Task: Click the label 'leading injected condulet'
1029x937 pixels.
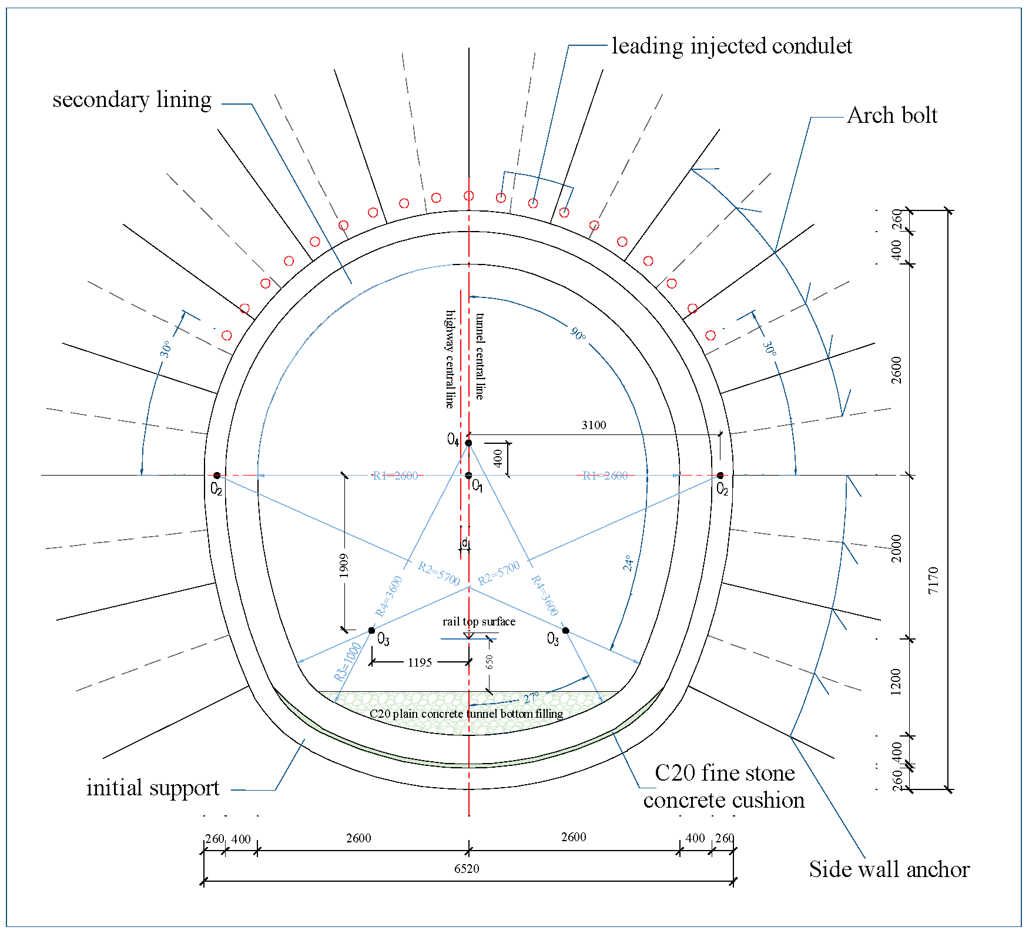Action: click(x=731, y=46)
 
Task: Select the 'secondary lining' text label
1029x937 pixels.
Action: click(x=132, y=99)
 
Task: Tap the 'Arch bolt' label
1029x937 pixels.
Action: click(x=891, y=115)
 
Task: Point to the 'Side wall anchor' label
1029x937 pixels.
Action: click(x=889, y=869)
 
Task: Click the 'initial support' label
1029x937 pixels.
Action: click(x=153, y=788)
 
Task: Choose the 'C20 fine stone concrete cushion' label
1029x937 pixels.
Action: click(x=724, y=787)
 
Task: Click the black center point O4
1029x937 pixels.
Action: click(x=468, y=443)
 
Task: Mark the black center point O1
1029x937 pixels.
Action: click(x=468, y=476)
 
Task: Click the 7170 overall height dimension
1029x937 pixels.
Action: click(x=933, y=580)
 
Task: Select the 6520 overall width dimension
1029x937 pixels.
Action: click(x=467, y=869)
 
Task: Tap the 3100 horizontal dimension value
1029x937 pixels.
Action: click(x=594, y=425)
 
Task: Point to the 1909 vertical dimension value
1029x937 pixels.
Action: click(x=344, y=565)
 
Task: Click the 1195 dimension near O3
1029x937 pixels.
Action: click(x=420, y=662)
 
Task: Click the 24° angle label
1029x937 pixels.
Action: click(x=628, y=563)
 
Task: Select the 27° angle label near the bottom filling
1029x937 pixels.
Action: click(x=531, y=698)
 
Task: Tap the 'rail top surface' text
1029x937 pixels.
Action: click(x=479, y=621)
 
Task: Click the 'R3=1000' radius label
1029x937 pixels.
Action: click(x=347, y=662)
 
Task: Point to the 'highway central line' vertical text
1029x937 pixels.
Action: click(x=450, y=359)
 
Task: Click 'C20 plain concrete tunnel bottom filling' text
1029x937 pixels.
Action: click(x=466, y=714)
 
